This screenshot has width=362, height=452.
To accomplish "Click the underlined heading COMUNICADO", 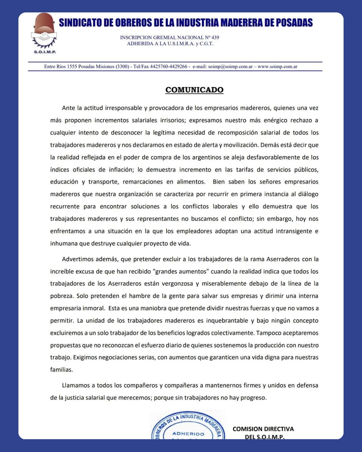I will point(194,90).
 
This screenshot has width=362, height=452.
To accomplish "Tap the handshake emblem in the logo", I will point(44,36).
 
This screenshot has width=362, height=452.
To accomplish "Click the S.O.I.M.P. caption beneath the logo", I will point(45,52).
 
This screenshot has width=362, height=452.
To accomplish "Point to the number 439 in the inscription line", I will point(215,37).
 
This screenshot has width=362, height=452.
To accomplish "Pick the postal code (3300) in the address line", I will point(123,67).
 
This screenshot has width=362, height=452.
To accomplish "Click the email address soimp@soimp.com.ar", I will point(230,67).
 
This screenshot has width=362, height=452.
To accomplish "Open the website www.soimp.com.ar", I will point(278,67).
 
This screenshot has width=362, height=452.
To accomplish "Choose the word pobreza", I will point(61,296).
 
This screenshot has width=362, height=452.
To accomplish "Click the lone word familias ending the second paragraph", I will point(61,370).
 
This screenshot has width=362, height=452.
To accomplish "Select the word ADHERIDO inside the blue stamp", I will point(188,434).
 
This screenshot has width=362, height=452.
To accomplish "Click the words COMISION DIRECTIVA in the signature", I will point(263,429).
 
